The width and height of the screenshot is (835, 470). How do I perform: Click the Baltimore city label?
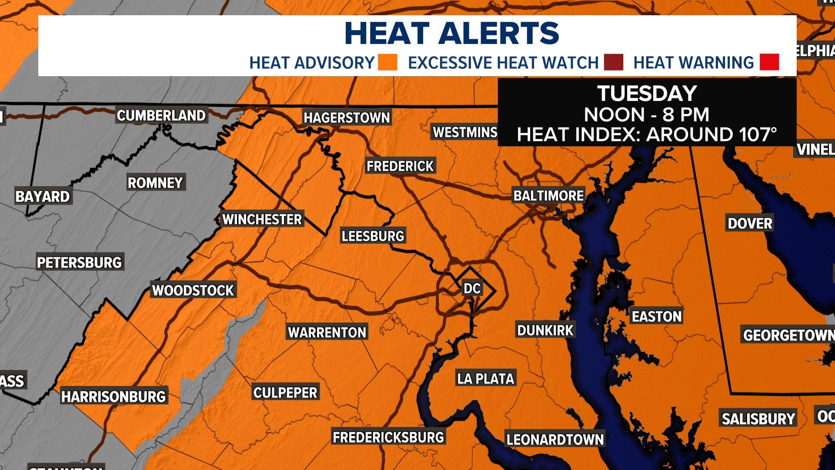[548, 196]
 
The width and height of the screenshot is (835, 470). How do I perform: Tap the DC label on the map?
[472, 289]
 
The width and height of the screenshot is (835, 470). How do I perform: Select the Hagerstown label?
[347, 117]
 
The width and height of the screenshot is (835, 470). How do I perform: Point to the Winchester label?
[262, 219]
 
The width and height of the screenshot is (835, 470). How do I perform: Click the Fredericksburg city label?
[388, 437]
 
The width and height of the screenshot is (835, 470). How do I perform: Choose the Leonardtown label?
[555, 440]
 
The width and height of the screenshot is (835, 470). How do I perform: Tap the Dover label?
[750, 224]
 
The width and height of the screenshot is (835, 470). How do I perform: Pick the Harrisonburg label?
[114, 396]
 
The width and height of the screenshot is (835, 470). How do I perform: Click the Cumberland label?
[161, 116]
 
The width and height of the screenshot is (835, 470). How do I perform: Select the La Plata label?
[485, 379]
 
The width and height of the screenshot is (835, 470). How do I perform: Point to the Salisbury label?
[758, 419]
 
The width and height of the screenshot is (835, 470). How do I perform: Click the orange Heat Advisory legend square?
[387, 62]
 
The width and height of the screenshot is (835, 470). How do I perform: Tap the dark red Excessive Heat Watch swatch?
[613, 62]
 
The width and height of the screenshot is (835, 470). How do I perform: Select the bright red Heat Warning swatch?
[769, 62]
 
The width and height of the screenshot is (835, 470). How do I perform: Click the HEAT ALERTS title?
[452, 34]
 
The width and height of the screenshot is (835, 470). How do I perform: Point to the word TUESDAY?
[647, 94]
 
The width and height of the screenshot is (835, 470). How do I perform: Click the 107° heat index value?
[756, 134]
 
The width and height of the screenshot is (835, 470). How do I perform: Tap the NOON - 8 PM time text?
[647, 115]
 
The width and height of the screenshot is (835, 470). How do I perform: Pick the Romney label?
[155, 183]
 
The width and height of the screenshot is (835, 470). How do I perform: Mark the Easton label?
[657, 316]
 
